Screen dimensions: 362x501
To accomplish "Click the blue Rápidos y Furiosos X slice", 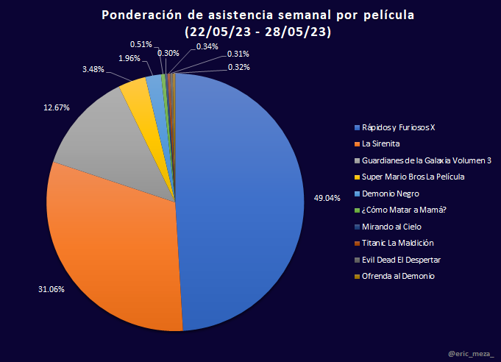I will click(x=243, y=199).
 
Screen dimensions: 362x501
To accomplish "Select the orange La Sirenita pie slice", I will click(x=110, y=243).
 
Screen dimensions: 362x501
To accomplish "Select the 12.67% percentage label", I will click(x=57, y=107).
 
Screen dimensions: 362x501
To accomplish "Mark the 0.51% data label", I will click(x=141, y=44).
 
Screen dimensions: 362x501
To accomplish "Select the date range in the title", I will click(x=257, y=32).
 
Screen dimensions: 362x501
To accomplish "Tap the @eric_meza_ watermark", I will click(x=471, y=355).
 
